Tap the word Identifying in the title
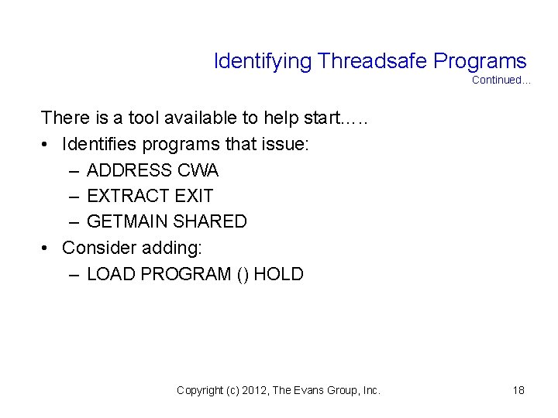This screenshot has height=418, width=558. (263, 61)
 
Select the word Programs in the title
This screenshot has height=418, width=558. (480, 61)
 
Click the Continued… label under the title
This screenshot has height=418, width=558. (501, 80)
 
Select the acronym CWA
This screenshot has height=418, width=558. (199, 170)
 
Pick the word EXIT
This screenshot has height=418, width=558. (195, 196)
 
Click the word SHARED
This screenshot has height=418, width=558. (210, 222)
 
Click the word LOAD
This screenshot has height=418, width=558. (108, 274)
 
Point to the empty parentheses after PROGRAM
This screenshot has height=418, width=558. (242, 274)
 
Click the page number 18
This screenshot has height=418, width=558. (518, 390)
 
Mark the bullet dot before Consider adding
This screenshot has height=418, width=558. (46, 248)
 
